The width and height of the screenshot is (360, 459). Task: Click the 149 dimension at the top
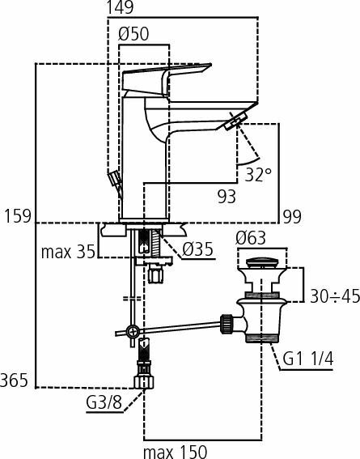pos(122,8)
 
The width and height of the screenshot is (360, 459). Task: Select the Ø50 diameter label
pos(135,35)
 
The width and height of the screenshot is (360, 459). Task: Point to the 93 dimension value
pos(227,195)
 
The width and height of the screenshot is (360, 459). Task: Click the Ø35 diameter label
pos(197,249)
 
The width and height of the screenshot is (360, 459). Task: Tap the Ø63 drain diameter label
pos(250,238)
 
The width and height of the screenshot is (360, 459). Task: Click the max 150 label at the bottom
pos(174,450)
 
